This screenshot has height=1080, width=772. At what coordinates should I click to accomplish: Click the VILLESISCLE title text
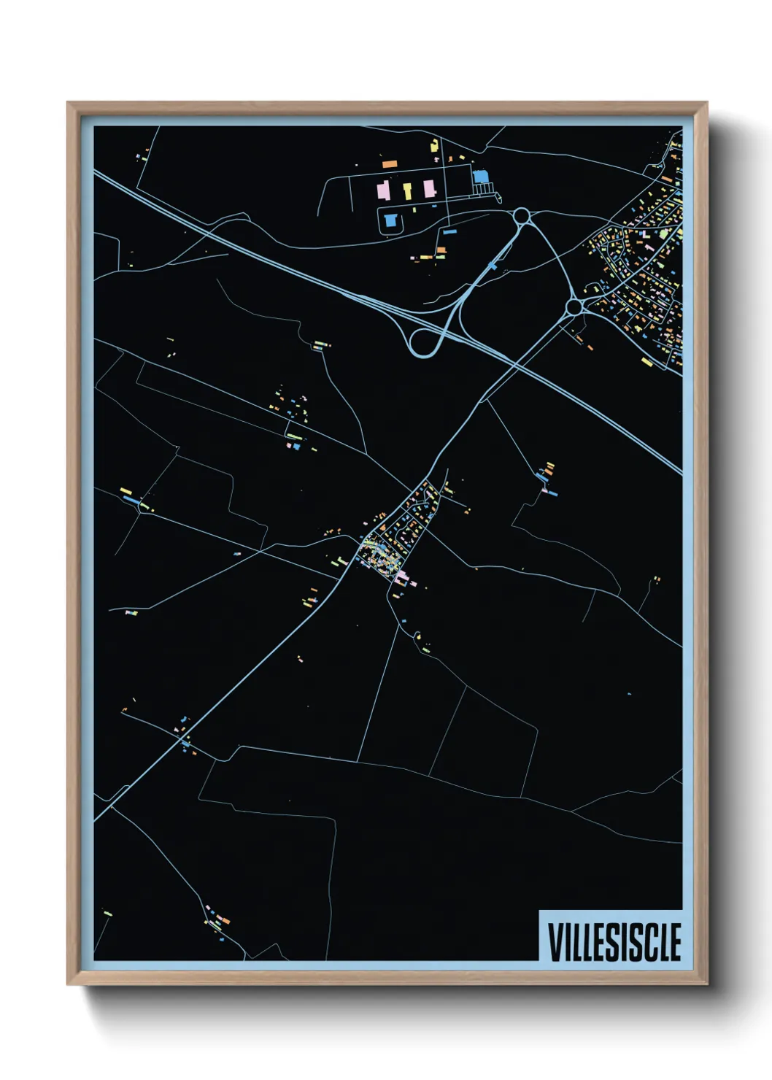(x=614, y=941)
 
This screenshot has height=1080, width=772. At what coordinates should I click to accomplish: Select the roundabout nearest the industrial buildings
(x=521, y=216)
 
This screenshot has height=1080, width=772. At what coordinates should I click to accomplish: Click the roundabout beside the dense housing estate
(x=574, y=306)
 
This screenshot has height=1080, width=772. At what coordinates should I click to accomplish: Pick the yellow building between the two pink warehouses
(x=407, y=191)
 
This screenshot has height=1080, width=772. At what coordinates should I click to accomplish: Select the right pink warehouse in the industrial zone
(x=429, y=189)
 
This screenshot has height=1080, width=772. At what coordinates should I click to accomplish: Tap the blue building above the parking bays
(x=480, y=177)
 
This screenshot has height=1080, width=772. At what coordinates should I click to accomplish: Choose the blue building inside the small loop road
(x=390, y=219)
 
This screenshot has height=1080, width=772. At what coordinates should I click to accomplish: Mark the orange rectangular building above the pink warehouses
(x=390, y=165)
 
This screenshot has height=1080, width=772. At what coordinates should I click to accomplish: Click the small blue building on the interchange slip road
(x=493, y=267)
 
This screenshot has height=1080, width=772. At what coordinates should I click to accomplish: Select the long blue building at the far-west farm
(x=131, y=501)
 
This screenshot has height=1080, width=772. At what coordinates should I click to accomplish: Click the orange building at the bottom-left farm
(x=224, y=921)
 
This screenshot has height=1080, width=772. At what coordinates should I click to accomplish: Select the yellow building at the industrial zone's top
(x=435, y=144)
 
